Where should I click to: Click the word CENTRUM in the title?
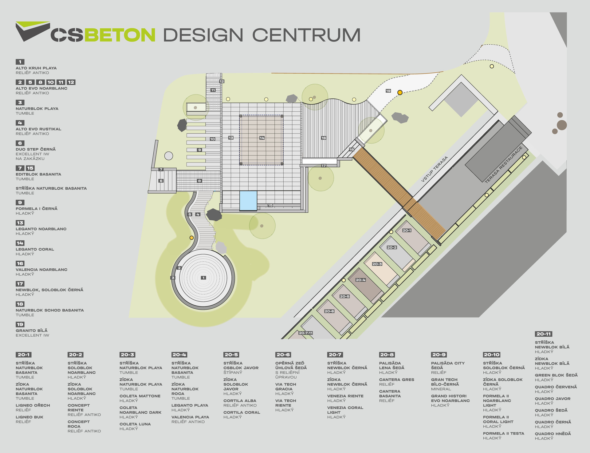click(x=306, y=35)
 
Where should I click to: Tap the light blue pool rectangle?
click(x=248, y=201)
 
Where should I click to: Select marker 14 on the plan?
click(x=262, y=138)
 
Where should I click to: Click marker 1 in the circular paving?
click(x=203, y=278)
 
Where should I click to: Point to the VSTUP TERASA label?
click(x=434, y=169)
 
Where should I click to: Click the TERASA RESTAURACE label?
click(x=503, y=165)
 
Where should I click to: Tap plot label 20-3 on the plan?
click(x=377, y=264)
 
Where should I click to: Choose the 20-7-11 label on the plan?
click(x=306, y=333)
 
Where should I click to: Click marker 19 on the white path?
click(x=388, y=91)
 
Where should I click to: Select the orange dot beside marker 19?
click(x=400, y=92)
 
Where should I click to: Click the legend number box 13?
click(x=20, y=223)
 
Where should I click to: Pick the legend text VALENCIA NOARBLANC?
click(x=41, y=270)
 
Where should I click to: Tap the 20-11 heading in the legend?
click(x=543, y=334)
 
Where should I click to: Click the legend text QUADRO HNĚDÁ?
click(x=553, y=434)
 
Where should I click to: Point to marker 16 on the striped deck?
click(x=324, y=138)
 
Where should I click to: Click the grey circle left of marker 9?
click(x=169, y=156)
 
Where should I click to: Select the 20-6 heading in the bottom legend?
click(x=283, y=355)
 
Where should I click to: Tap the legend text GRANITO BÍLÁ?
click(x=32, y=331)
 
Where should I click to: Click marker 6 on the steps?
click(x=161, y=181)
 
